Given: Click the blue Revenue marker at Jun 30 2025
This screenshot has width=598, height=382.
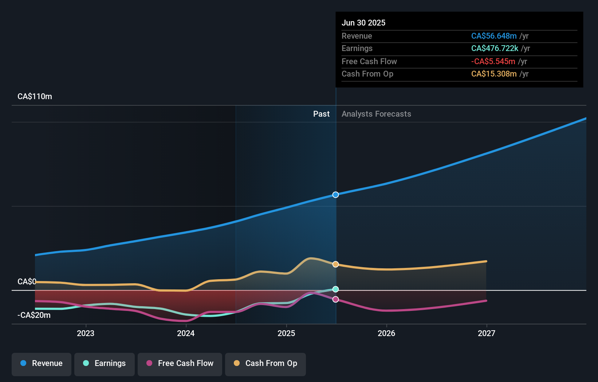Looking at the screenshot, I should (x=335, y=195).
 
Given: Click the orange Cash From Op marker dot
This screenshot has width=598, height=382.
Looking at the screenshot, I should (x=335, y=264).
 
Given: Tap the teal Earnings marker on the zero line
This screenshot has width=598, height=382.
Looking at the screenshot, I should (x=335, y=289).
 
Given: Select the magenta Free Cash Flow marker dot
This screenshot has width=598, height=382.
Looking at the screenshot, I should (x=335, y=299).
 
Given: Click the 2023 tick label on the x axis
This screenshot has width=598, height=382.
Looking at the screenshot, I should (x=86, y=333).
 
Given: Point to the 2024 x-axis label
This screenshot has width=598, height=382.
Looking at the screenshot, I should (x=186, y=333).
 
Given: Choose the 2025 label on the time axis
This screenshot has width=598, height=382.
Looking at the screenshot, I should (x=286, y=333).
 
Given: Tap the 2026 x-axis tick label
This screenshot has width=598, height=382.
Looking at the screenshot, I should (x=386, y=333).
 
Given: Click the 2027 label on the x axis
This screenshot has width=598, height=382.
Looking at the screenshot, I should (x=487, y=333).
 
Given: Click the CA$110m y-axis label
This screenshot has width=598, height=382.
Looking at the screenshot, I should (x=35, y=97).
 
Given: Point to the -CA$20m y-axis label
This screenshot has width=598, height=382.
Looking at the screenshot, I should (x=34, y=315).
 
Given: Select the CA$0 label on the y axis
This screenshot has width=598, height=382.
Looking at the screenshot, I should (x=27, y=282).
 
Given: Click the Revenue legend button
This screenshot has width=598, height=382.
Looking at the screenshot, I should (x=42, y=363).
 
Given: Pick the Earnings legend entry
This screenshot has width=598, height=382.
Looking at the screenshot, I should (x=105, y=363).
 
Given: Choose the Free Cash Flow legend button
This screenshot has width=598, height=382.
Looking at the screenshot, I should (x=180, y=363).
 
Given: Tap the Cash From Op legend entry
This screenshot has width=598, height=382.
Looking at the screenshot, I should (x=265, y=363).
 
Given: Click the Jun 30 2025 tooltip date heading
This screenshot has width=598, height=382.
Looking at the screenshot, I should (x=363, y=23).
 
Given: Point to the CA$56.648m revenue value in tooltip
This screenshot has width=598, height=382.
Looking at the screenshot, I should (x=493, y=36).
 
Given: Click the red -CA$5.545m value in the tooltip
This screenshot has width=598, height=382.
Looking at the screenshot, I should (x=493, y=61).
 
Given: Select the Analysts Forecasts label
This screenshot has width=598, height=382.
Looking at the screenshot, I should (x=376, y=114).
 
